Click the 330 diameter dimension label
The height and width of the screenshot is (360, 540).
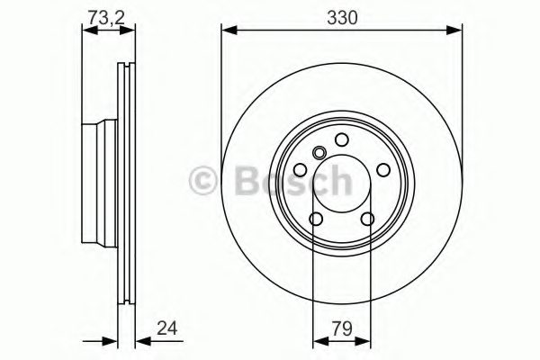click(341, 16)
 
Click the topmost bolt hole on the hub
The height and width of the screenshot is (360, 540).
click(342, 139)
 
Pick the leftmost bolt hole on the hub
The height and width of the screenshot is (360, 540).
click(299, 168)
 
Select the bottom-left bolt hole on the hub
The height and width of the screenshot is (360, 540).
click(315, 220)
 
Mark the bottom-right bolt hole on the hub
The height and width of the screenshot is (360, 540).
click(367, 220)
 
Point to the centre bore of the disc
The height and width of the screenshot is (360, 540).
click(341, 184)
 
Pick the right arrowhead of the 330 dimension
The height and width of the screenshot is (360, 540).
click(455, 32)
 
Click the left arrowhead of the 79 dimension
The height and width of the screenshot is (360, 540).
click(316, 342)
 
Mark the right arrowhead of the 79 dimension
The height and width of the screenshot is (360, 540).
click(367, 342)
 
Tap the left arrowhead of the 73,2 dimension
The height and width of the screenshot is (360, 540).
click(86, 32)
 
